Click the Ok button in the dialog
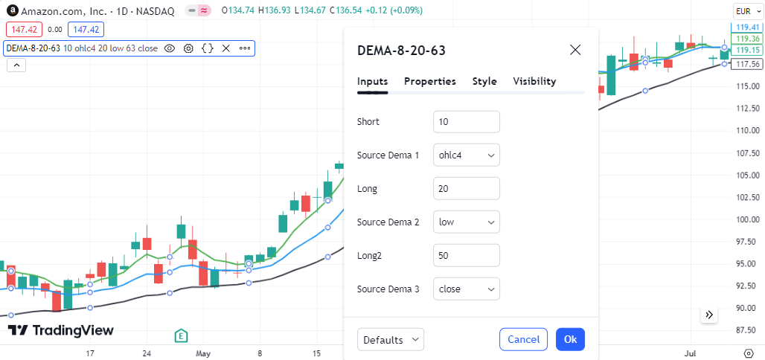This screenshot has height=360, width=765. (x=570, y=339)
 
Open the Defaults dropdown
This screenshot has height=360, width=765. (x=391, y=339)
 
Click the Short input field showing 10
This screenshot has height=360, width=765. (x=467, y=121)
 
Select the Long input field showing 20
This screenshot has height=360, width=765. (x=467, y=188)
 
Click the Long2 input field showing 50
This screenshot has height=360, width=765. (x=467, y=255)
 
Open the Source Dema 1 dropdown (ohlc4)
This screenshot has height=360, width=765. (x=467, y=155)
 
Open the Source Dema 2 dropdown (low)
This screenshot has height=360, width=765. (x=467, y=222)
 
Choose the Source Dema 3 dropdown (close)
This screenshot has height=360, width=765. (x=467, y=289)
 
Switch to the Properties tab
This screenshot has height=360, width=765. (x=430, y=81)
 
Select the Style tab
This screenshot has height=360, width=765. (x=484, y=81)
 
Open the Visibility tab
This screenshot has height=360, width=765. (x=534, y=81)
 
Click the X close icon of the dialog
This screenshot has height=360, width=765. (x=575, y=49)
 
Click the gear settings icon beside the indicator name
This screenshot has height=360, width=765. (x=188, y=48)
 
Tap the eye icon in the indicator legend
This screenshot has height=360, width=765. (x=169, y=48)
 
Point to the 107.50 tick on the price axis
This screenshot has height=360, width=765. (x=747, y=152)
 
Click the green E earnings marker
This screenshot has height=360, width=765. (x=182, y=335)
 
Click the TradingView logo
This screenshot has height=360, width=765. (x=60, y=330)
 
